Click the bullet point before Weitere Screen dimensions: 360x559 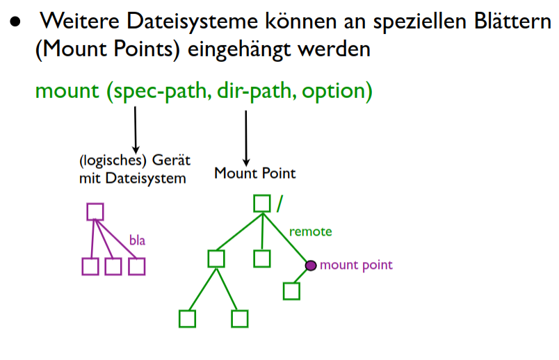coord(15,22)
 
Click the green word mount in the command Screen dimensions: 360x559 coord(67,91)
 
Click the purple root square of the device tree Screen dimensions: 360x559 coord(95,211)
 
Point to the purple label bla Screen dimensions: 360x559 coord(137,240)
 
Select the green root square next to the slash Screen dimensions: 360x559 coord(261,203)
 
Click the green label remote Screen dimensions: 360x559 coord(310,231)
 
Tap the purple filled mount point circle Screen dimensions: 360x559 coord(311,265)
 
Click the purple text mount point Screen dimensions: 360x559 coord(356,265)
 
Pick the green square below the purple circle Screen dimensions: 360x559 coord(291,291)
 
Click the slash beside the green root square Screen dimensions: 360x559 coord(279,203)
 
